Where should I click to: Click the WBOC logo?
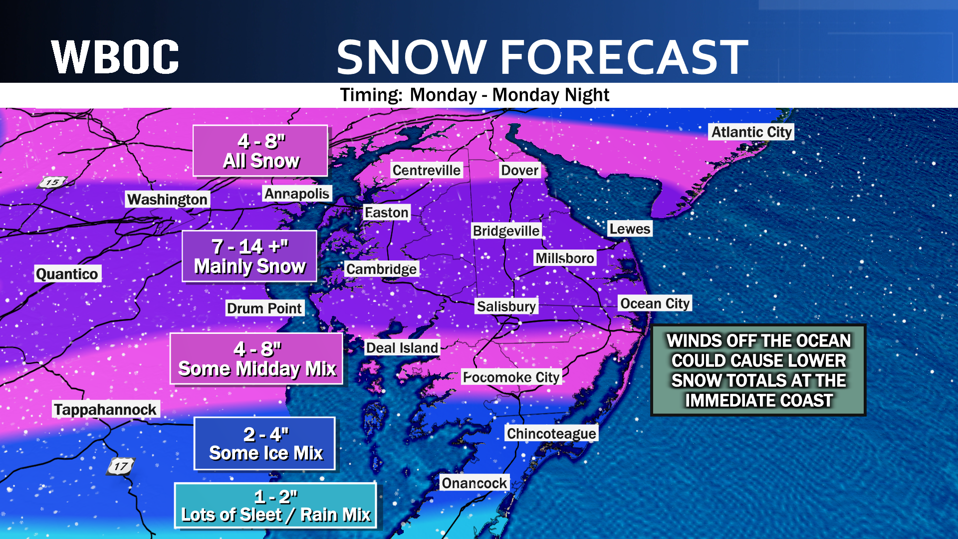pyautogui.click(x=115, y=57)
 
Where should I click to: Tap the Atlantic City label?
pyautogui.click(x=751, y=132)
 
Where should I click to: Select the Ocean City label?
pyautogui.click(x=655, y=303)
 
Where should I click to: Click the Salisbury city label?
pyautogui.click(x=506, y=306)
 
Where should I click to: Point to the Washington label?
pyautogui.click(x=167, y=199)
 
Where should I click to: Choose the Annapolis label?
pyautogui.click(x=297, y=194)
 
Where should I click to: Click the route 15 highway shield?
pyautogui.click(x=53, y=182)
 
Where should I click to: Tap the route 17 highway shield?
pyautogui.click(x=121, y=467)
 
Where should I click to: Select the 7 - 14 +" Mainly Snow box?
pyautogui.click(x=249, y=257)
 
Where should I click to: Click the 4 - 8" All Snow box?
pyautogui.click(x=260, y=151)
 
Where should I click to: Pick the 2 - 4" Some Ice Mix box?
pyautogui.click(x=264, y=444)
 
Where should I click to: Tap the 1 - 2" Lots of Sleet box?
pyautogui.click(x=275, y=506)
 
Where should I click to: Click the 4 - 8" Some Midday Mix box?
pyautogui.click(x=256, y=359)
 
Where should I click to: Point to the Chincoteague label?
pyautogui.click(x=551, y=433)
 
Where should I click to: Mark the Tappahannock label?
pyautogui.click(x=105, y=410)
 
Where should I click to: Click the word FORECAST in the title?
pyautogui.click(x=624, y=57)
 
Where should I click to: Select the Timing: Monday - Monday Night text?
pyautogui.click(x=474, y=95)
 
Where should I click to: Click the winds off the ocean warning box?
pyautogui.click(x=758, y=370)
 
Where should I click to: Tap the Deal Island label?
pyautogui.click(x=402, y=348)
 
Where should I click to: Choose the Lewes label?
pyautogui.click(x=630, y=229)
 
